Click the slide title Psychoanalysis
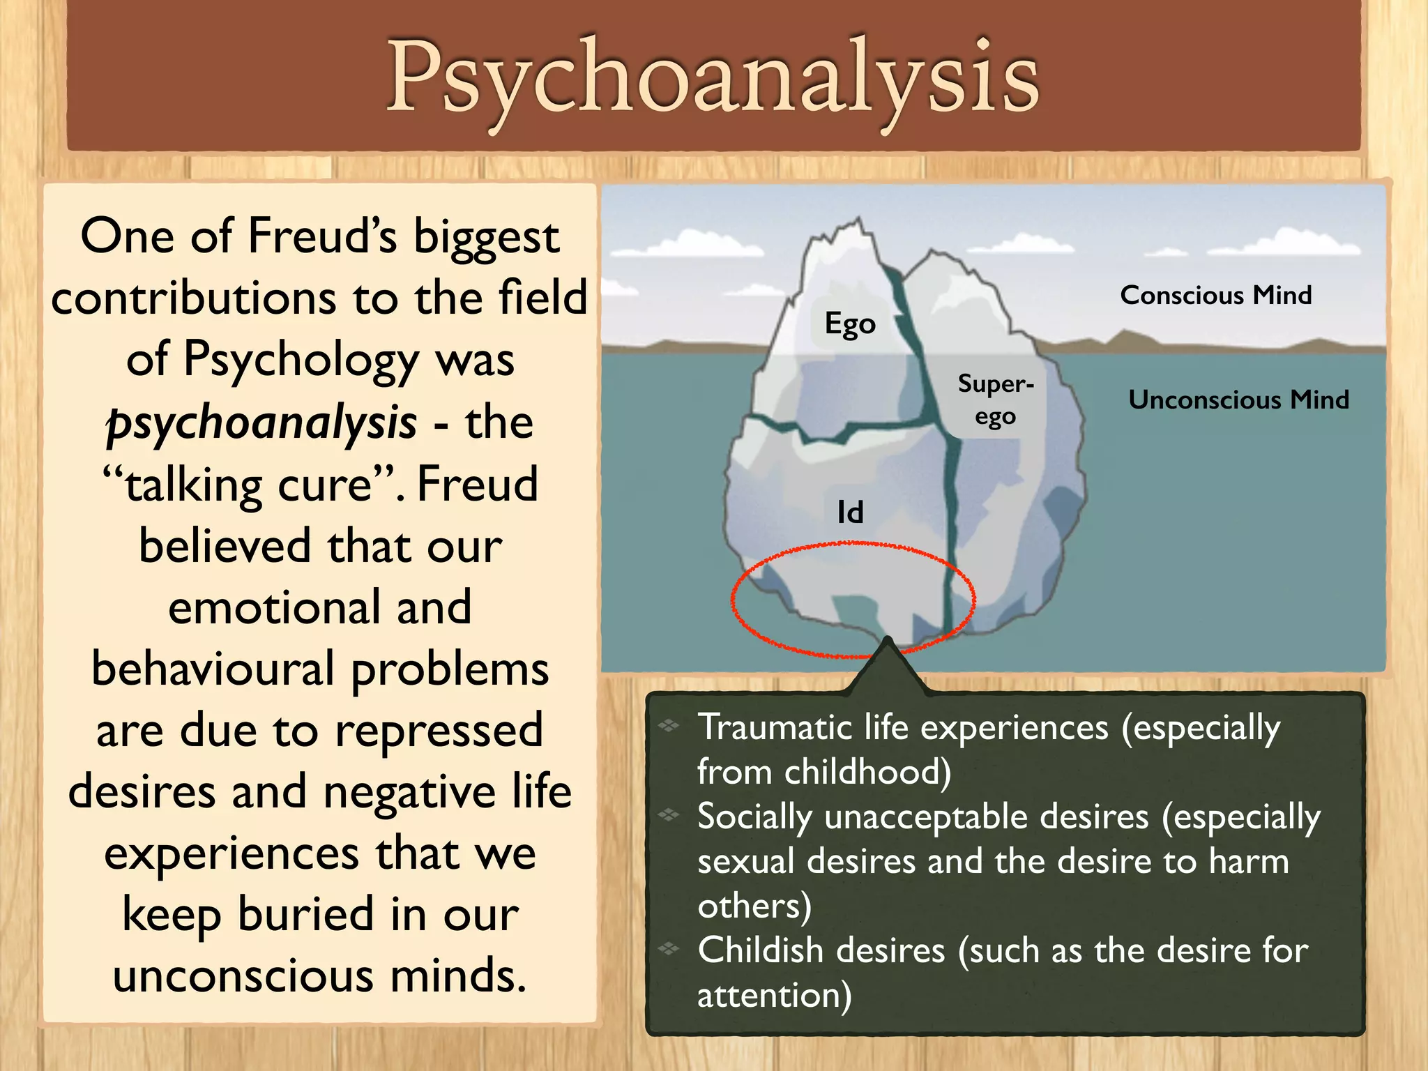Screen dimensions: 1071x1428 pos(713,77)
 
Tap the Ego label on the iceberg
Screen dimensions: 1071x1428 pos(849,324)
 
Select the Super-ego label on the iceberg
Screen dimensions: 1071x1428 pos(995,400)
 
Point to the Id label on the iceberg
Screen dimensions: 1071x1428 pos(850,512)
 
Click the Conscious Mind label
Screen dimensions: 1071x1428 pos(1215,295)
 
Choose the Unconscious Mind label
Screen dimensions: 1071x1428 pos(1238,400)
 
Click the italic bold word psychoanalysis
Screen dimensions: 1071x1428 pos(261,423)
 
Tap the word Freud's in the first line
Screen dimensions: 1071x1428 pos(322,236)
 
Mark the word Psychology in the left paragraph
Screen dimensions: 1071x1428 pos(301,360)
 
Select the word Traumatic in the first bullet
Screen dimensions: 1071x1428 pos(765,728)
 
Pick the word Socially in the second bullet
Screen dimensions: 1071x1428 pos(754,816)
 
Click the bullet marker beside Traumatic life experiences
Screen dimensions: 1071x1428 pos(669,726)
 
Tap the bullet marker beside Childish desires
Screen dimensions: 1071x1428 pos(669,948)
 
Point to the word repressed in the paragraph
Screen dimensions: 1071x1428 pos(439,731)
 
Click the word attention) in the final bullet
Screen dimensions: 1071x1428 pos(774,995)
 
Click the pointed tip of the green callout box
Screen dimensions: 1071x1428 pos(888,640)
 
